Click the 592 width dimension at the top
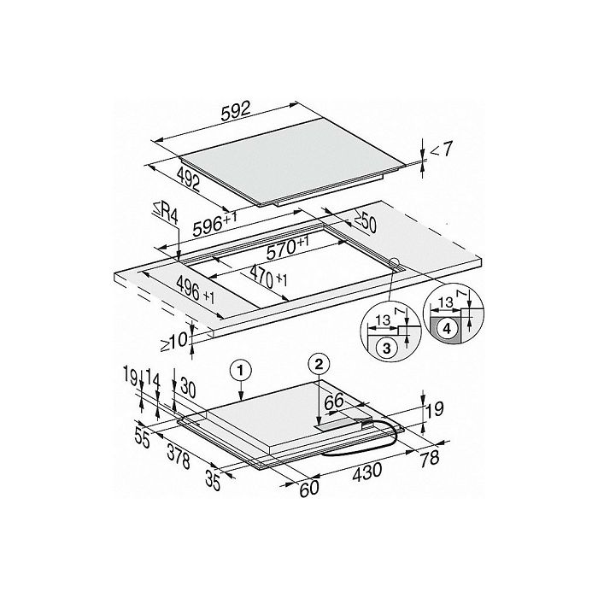(x=236, y=110)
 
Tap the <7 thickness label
(x=442, y=149)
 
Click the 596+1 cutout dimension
(x=214, y=224)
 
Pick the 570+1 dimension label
(x=288, y=248)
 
